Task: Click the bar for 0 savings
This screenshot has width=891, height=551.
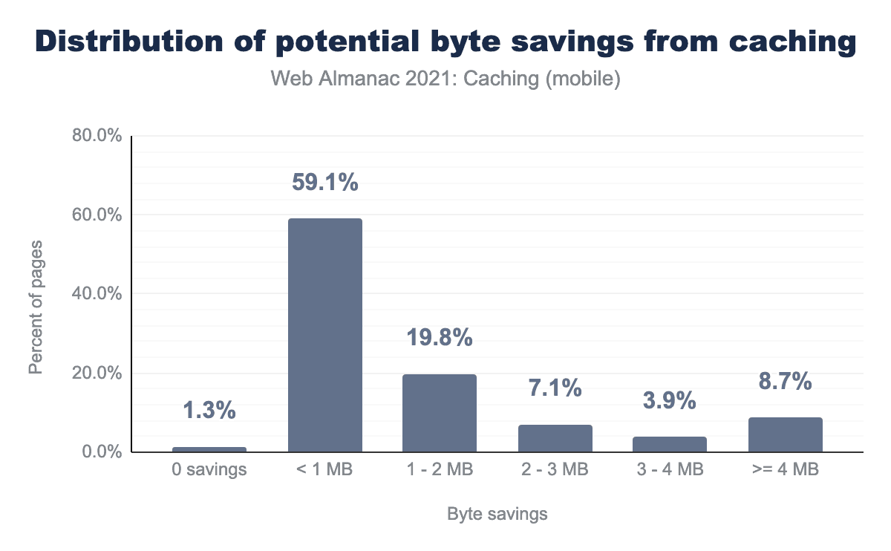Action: [x=209, y=449]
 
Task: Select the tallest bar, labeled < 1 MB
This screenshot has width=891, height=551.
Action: [x=324, y=335]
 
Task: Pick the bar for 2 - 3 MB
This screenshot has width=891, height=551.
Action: [x=555, y=438]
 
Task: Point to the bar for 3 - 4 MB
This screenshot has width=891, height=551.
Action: [x=670, y=444]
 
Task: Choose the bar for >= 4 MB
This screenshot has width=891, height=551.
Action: [x=785, y=434]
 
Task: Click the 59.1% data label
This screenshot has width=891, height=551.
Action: [x=324, y=182]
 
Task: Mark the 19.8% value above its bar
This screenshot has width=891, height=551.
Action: [x=440, y=338]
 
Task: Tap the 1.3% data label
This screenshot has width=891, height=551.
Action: [x=209, y=410]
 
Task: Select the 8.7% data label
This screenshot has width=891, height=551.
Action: [x=785, y=382]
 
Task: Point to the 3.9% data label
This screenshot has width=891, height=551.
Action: [x=670, y=401]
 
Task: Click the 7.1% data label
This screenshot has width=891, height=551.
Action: [x=555, y=388]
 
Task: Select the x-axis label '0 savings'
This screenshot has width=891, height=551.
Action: [x=209, y=470]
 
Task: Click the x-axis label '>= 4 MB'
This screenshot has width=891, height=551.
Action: [x=785, y=470]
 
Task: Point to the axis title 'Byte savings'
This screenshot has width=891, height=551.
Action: [x=497, y=514]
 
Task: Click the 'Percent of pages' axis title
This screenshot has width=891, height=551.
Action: [x=36, y=307]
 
